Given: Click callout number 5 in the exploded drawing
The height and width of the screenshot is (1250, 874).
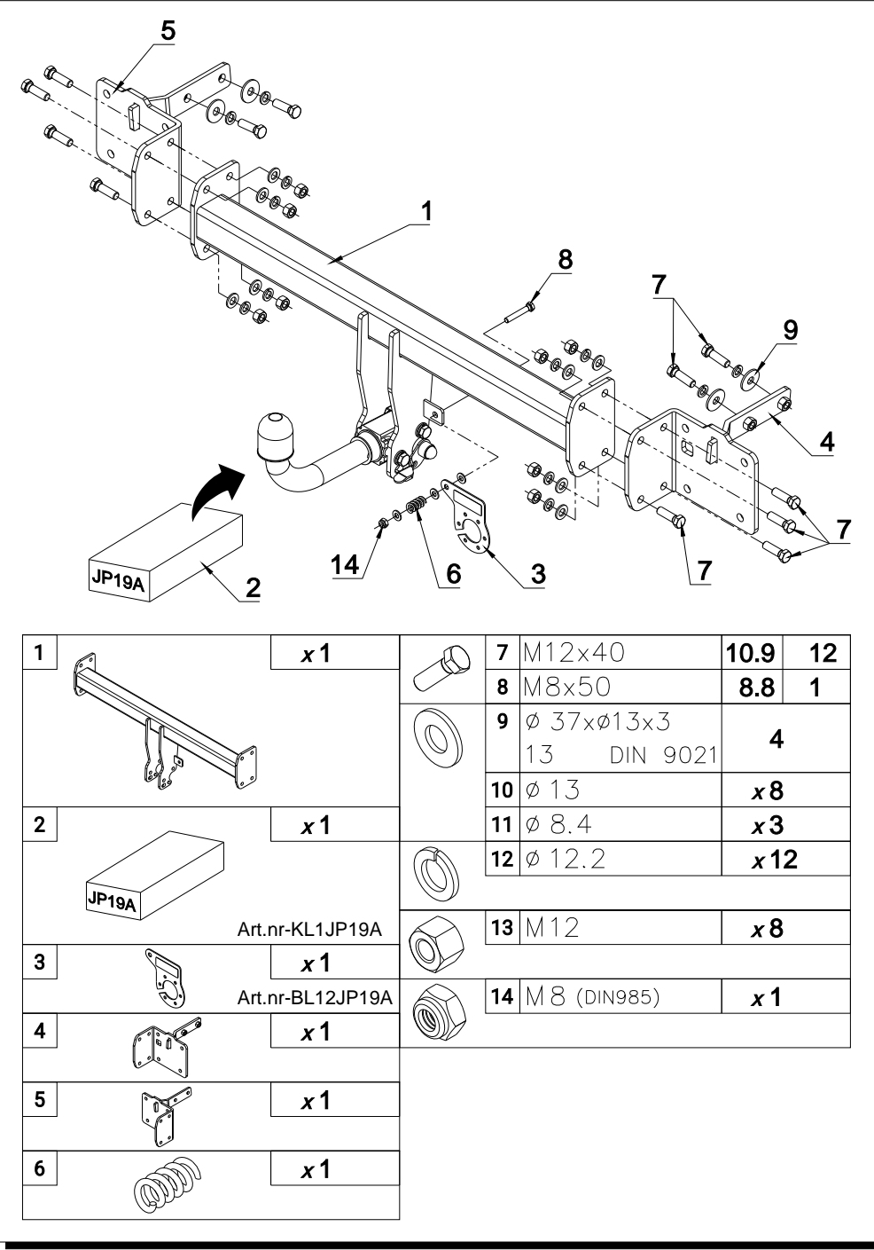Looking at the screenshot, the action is pos(168,31).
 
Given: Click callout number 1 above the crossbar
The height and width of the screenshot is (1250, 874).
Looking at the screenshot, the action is pos(426,211).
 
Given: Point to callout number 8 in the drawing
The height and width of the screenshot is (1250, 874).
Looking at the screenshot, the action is pos(566,259).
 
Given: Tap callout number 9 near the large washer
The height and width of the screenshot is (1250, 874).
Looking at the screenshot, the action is pos(791,330).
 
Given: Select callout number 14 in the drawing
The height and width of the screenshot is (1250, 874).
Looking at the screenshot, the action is pos(345,565).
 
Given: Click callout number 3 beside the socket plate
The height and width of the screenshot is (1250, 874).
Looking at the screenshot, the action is pos(538,574).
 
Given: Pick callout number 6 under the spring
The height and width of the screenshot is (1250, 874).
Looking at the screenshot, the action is pos(454,574).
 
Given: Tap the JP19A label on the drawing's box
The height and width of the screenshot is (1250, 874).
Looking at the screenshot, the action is pos(118,579).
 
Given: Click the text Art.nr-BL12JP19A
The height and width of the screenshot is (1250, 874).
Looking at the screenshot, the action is pos(315,997).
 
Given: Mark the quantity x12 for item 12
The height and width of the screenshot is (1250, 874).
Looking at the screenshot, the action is pos(774,860).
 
